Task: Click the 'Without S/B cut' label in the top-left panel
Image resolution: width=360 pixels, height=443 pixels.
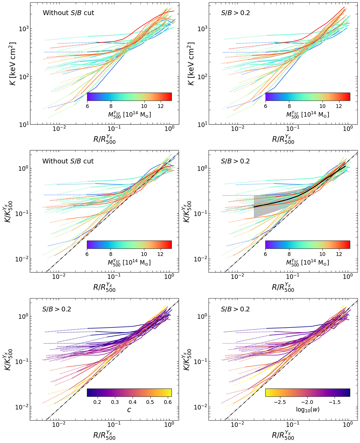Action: (68, 13)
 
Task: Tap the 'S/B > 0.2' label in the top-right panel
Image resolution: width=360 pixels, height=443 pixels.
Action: (235, 13)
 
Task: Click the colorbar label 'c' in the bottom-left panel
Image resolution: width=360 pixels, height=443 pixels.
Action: (129, 410)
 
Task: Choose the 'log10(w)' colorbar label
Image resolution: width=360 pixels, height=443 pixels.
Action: (307, 409)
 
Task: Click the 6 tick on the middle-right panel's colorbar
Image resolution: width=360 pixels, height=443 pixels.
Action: (265, 254)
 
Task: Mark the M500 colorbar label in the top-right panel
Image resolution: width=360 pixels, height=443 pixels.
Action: (307, 114)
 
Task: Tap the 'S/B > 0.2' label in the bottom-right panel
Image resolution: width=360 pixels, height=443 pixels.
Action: (235, 309)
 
